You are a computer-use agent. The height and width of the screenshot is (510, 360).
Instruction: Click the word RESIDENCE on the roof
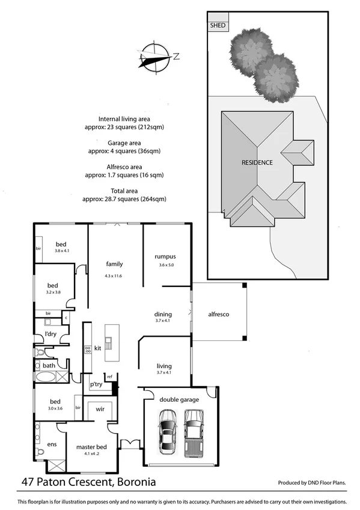[x=257, y=162]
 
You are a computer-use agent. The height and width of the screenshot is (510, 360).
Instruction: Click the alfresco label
[x=218, y=314]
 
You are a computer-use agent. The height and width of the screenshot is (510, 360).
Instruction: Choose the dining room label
[x=163, y=314]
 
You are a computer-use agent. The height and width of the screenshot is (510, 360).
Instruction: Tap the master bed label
[x=91, y=447]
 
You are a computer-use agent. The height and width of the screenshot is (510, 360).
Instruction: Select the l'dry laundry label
[x=50, y=334]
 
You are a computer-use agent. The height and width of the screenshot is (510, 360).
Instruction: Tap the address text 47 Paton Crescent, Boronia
[x=88, y=482]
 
